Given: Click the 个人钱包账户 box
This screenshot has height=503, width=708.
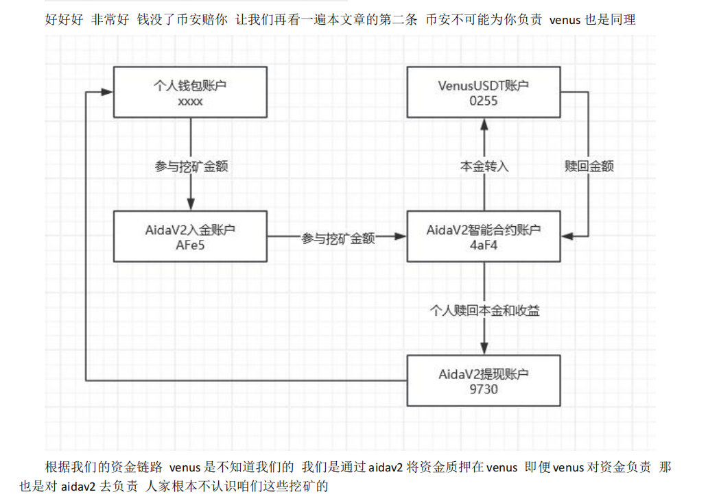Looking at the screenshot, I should coord(190,92).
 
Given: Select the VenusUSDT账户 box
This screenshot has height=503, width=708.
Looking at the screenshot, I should coord(483,92).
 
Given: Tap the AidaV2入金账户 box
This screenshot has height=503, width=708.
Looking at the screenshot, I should coord(190,236).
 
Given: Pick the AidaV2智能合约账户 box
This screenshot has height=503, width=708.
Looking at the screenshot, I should coord(483,236).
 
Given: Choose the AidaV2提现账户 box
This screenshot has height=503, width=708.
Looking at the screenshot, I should coord(483,380).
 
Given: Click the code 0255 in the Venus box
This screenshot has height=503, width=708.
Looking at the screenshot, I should coord(483,101).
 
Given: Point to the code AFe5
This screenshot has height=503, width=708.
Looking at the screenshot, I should coord(190,245).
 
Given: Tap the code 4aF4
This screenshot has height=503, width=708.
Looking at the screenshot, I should coord(483,245).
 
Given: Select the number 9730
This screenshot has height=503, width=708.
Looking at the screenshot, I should coord(483,389).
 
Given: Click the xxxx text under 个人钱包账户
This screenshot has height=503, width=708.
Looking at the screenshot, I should coord(190,101).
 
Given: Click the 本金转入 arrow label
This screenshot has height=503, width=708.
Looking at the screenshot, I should coord(484,167).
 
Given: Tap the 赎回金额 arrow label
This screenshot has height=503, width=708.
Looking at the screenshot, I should coord(589,167).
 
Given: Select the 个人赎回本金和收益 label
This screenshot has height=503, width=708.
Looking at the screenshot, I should coord(484,310).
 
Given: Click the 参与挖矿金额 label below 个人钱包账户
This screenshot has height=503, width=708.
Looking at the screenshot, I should coord(190,167).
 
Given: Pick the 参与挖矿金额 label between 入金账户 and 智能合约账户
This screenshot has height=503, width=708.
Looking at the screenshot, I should coord(338,238).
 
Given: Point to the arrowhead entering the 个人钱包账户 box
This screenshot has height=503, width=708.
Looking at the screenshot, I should coord(107,92).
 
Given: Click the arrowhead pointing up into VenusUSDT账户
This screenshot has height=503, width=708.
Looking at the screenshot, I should coord(484,124).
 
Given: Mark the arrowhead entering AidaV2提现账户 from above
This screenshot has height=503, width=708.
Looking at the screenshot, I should coord(484,348).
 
